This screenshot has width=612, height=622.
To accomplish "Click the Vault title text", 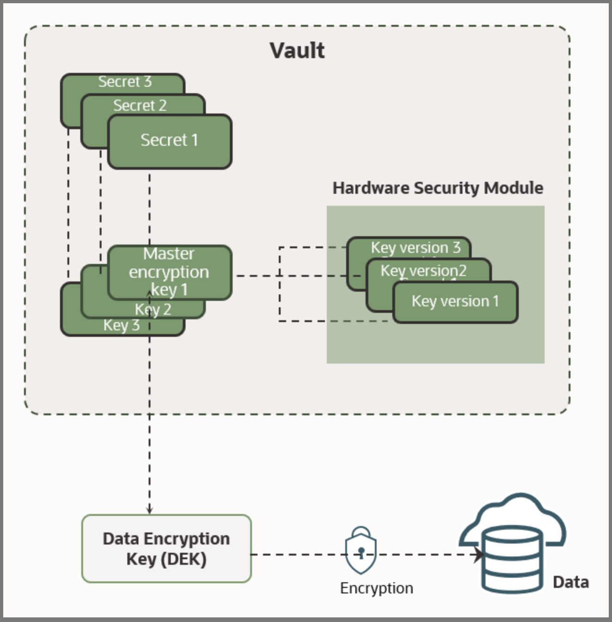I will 297,51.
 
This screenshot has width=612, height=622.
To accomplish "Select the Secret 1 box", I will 169,141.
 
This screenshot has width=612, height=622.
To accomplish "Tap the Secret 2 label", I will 140,106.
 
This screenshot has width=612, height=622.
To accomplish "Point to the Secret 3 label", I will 125,82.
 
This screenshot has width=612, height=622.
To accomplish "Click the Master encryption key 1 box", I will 169,272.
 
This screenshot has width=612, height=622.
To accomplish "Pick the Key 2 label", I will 153,310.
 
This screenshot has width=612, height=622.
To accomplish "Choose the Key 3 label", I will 121,325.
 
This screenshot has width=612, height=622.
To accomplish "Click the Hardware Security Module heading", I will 438,188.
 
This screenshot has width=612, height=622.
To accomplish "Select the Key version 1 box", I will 455,302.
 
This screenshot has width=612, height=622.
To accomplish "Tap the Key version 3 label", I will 415,248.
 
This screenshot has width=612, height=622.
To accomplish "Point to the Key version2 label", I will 423,270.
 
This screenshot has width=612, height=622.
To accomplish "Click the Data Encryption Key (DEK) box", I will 166,549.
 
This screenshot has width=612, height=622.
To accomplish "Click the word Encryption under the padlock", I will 376,588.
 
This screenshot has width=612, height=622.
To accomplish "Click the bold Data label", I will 570,582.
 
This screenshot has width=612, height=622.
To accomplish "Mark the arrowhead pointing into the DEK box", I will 150,510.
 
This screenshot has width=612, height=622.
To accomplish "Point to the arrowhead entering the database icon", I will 479,555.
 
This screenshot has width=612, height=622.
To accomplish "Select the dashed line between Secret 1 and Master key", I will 150,208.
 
